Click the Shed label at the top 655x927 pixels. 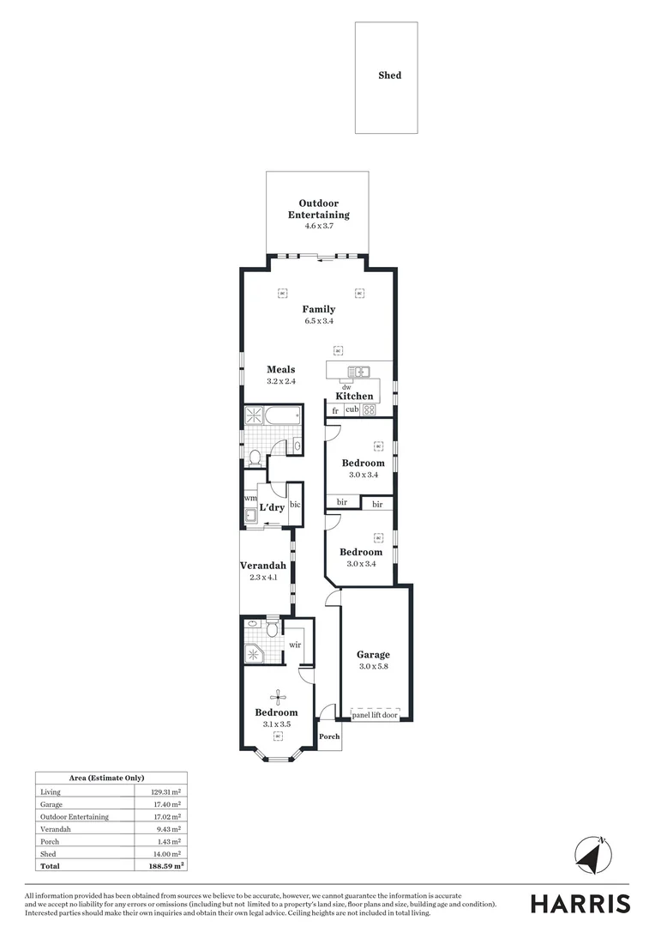coord(389,76)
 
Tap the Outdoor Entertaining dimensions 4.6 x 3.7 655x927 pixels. coord(318,226)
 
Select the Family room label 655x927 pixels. coord(318,309)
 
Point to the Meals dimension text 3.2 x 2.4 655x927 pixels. coord(280,381)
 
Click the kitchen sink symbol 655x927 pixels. coord(358,372)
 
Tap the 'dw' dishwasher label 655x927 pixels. coord(346,387)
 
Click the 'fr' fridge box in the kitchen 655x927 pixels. coord(334,410)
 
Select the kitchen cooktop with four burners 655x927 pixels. coord(369,410)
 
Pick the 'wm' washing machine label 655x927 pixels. coord(250,498)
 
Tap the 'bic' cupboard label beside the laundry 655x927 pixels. coord(295,506)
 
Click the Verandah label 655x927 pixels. coord(263,566)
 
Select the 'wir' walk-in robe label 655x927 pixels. coord(295,644)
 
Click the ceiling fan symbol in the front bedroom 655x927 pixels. coord(277,697)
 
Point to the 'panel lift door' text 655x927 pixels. coord(375,714)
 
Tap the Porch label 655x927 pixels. coord(329,736)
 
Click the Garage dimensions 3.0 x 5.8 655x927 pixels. coord(373,666)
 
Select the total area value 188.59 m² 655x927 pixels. coord(167,867)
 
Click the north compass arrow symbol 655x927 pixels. coord(592,856)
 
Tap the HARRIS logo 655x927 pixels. coord(580,904)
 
